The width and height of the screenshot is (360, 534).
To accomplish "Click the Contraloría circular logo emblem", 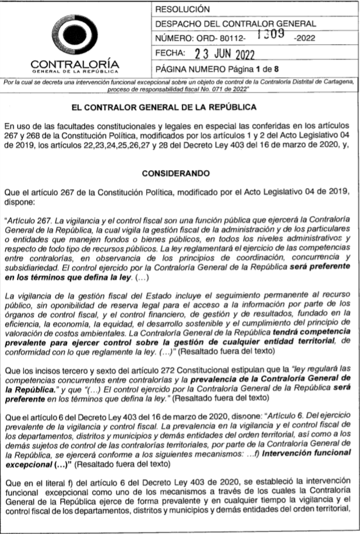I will [x=75, y=35].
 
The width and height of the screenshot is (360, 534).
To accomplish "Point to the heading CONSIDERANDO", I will [x=179, y=173].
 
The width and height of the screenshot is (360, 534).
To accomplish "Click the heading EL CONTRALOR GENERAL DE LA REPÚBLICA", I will [x=179, y=108].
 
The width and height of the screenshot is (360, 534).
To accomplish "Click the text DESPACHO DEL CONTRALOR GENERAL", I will [x=235, y=24].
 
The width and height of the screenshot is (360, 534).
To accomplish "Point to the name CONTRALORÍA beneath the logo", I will [x=75, y=63].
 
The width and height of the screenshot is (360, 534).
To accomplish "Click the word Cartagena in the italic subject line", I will [x=337, y=83].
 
